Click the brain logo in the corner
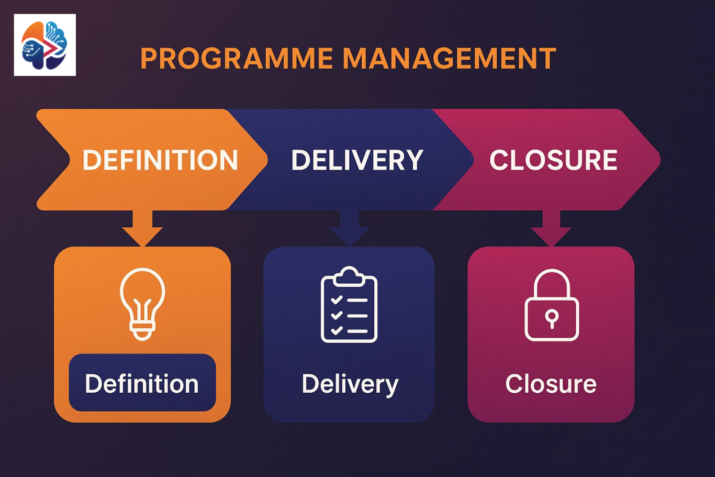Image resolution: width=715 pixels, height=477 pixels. point(45,45)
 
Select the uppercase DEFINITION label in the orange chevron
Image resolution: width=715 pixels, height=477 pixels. point(160,160)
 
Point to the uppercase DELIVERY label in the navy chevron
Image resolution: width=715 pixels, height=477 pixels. point(357,160)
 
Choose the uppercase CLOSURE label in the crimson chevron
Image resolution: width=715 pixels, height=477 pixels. point(553,160)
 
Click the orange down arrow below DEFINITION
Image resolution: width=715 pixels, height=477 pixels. point(142,228)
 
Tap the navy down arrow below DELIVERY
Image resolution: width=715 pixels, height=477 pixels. point(350,228)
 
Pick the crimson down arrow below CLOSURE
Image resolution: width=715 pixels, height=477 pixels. point(551,228)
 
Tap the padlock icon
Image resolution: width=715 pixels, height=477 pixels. point(552,306)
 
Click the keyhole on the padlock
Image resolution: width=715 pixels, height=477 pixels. point(552,318)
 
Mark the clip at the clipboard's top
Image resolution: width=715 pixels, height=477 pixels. point(349,275)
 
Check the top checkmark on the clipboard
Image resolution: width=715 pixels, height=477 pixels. point(337,300)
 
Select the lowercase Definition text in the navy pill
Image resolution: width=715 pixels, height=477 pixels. point(142,384)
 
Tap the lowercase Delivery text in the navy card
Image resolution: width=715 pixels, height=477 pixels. point(350,384)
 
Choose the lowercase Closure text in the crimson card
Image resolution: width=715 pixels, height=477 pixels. point(551,384)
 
